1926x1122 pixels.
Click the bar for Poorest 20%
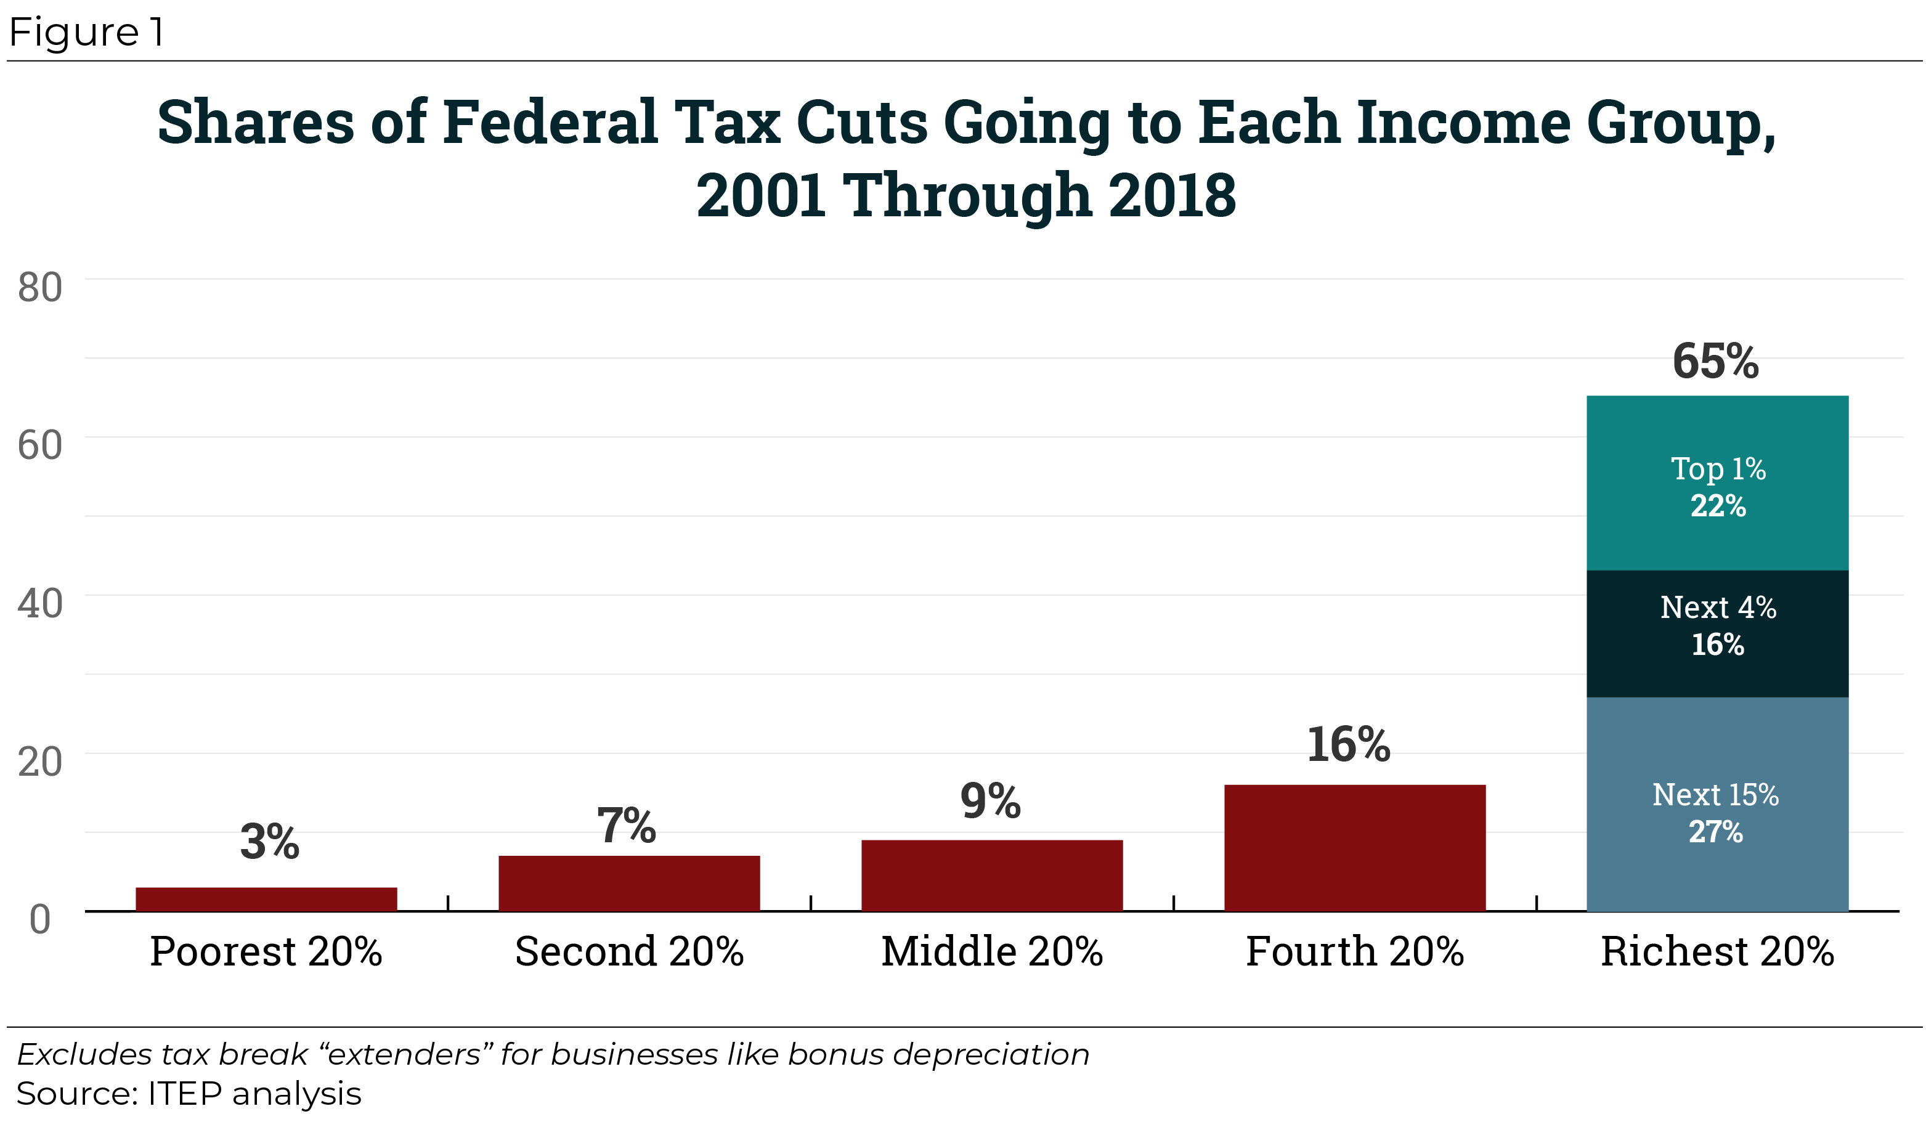266,899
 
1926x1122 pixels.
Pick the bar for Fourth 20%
1354,848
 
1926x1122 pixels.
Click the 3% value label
269,842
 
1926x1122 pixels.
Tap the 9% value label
991,801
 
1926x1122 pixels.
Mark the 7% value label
626,826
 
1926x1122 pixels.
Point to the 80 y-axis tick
40,288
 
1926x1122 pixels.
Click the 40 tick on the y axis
40,604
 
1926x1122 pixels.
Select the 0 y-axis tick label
40,919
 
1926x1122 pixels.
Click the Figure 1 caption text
86,32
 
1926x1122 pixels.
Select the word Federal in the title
550,122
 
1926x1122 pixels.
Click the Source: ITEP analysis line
188,1094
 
